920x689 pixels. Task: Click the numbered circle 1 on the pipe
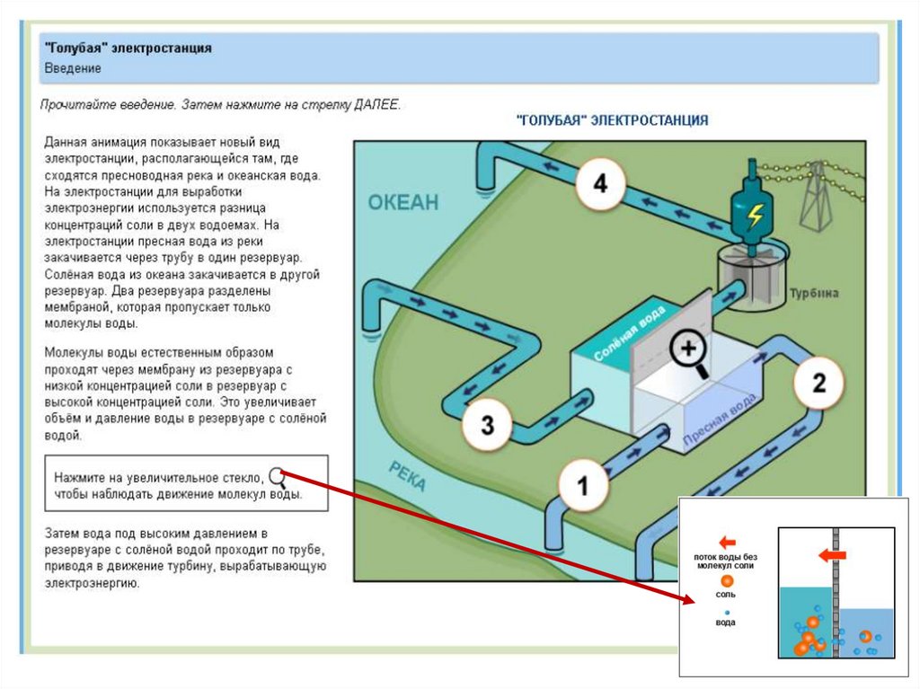(581, 486)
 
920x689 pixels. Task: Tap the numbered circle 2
(818, 383)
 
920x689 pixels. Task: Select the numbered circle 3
(486, 423)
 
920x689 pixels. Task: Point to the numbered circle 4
(599, 186)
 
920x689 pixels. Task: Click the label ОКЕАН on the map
(403, 202)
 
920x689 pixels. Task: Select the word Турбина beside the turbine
(814, 293)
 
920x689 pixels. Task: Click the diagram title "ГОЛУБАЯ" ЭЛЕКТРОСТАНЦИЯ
(612, 119)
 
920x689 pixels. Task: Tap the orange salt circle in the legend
(727, 580)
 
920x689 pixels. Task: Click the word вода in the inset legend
(725, 623)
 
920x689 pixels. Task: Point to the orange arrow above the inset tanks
(833, 556)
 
